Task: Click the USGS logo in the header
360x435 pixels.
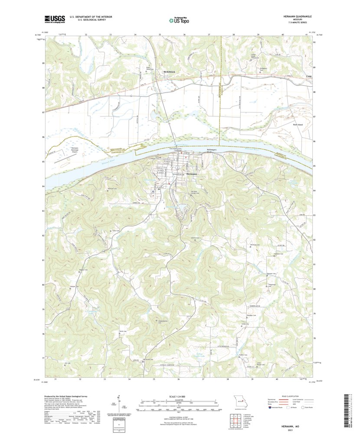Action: (54, 19)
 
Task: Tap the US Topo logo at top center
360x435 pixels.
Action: (180, 19)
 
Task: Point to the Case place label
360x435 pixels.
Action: (309, 76)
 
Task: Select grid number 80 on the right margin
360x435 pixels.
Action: (314, 289)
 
